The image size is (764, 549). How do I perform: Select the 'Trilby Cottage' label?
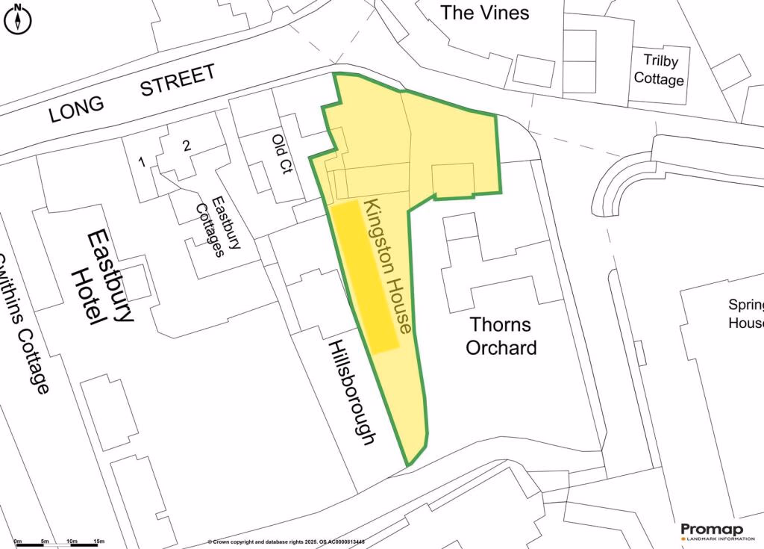(x=659, y=69)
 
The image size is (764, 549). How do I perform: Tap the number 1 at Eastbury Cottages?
(x=141, y=161)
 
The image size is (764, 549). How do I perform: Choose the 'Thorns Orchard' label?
(x=501, y=336)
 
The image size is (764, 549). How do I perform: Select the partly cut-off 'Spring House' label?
(x=746, y=314)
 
